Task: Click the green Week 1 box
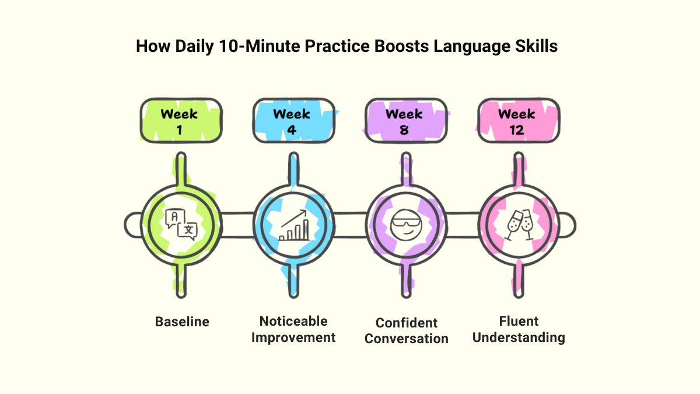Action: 180,120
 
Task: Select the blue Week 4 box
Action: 292,120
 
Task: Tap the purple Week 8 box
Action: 405,120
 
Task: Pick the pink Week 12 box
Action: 517,120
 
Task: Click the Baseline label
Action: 182,322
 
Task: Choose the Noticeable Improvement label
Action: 293,329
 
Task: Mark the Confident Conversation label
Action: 407,330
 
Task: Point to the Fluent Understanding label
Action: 519,329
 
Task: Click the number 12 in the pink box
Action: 517,130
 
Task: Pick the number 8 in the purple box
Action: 404,130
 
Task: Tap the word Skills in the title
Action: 537,47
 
